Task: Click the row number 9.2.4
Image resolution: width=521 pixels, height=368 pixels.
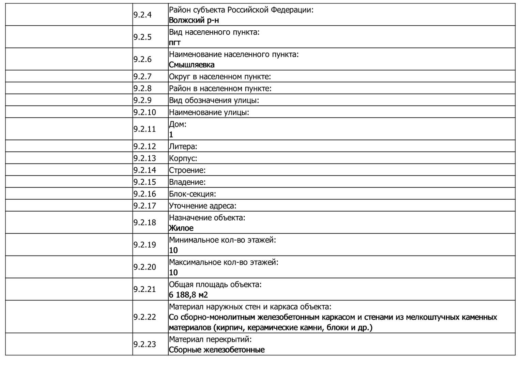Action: pyautogui.click(x=142, y=15)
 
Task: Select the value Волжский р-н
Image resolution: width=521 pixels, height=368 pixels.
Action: pyautogui.click(x=194, y=20)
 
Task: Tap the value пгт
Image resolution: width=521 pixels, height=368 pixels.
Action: pyautogui.click(x=174, y=43)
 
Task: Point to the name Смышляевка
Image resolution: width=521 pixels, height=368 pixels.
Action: pyautogui.click(x=191, y=65)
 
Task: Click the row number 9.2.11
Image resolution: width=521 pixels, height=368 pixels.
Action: pyautogui.click(x=144, y=129)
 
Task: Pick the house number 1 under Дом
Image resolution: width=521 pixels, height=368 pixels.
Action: pyautogui.click(x=171, y=135)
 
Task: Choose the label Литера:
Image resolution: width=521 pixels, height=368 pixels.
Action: pyautogui.click(x=183, y=147)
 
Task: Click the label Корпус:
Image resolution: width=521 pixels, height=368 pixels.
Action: pyautogui.click(x=183, y=158)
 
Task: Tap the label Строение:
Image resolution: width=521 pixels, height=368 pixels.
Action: pyautogui.click(x=187, y=170)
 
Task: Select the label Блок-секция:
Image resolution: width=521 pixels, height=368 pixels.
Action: pyautogui.click(x=193, y=194)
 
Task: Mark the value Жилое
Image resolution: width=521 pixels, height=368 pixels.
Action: pyautogui.click(x=181, y=228)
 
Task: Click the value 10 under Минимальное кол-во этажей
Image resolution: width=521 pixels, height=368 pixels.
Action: pyautogui.click(x=173, y=250)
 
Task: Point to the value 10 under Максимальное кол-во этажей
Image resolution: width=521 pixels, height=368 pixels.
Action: pyautogui.click(x=173, y=273)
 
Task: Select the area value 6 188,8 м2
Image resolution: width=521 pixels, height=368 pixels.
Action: pyautogui.click(x=188, y=295)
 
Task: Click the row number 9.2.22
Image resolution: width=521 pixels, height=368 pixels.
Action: pyautogui.click(x=144, y=317)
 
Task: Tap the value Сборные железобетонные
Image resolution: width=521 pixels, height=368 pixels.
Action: pyautogui.click(x=217, y=350)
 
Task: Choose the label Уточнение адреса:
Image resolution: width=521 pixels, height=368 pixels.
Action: pyautogui.click(x=203, y=206)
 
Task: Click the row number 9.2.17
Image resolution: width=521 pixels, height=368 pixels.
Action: pyautogui.click(x=144, y=206)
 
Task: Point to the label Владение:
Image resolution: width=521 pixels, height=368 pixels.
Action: pyautogui.click(x=187, y=182)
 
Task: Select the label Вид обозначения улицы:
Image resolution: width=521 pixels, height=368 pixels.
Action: pyautogui.click(x=214, y=101)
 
